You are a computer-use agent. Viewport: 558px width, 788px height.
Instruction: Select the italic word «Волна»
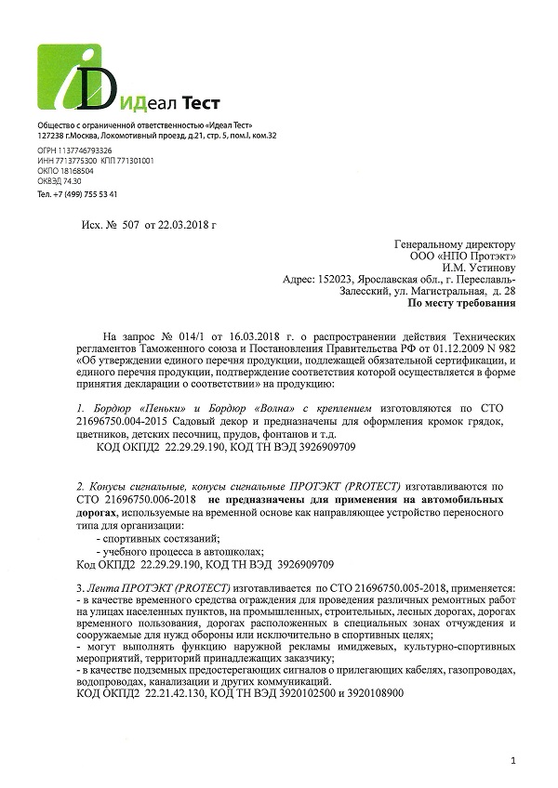point(275,407)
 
